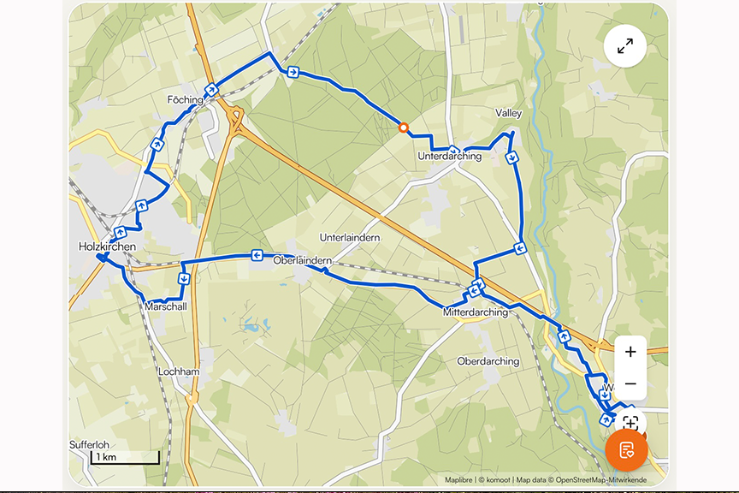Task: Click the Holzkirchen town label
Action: (107, 246)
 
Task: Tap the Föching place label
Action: (186, 100)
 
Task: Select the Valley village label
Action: (508, 113)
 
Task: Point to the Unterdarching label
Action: (449, 157)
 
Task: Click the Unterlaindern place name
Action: (349, 237)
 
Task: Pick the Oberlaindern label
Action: (301, 260)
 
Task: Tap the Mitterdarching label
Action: (475, 312)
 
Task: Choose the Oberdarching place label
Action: (488, 361)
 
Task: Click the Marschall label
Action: (166, 306)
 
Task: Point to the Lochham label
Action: (179, 372)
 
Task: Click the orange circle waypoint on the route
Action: (404, 128)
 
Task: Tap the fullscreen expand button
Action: (625, 46)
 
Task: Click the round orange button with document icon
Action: (626, 450)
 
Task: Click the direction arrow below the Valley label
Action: (511, 157)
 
